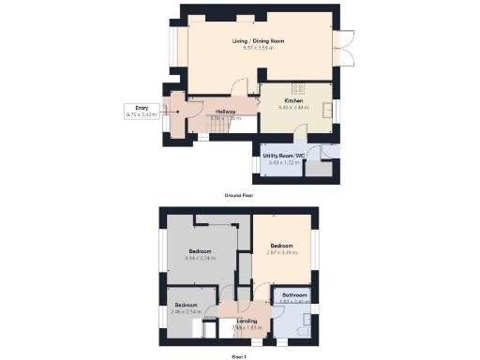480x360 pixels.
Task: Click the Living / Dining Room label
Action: coord(258,41)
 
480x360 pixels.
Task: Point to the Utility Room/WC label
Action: coord(283,156)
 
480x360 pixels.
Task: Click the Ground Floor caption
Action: coord(239,195)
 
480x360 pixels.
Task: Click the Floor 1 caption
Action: coord(239,356)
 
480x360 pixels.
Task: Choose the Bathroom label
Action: coord(295,294)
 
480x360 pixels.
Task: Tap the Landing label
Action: coord(246,322)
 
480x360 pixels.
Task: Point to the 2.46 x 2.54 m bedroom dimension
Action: coord(187,310)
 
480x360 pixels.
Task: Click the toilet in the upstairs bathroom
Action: coord(306,328)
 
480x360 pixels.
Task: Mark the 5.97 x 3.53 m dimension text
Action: coord(258,48)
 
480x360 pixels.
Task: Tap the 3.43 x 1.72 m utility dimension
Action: coord(283,162)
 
